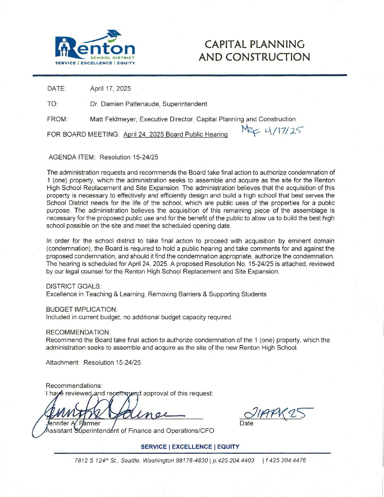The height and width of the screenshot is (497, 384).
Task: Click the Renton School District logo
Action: [x=95, y=49]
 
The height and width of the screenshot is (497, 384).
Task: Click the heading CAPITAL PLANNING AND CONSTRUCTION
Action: [x=254, y=50]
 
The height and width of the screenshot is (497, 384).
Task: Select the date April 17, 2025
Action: [x=110, y=89]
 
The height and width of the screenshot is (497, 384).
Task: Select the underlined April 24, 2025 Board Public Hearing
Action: [x=175, y=134]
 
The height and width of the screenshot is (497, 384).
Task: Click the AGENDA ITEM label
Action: [x=72, y=157]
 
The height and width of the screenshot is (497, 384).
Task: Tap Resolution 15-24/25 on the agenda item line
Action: [x=129, y=157]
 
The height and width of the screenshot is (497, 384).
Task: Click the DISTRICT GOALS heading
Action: [x=73, y=286]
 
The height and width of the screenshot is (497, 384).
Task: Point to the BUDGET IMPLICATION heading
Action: [x=81, y=309]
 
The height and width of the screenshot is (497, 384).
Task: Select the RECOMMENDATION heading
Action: [x=78, y=332]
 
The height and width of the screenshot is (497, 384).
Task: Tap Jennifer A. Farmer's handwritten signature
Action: [x=106, y=411]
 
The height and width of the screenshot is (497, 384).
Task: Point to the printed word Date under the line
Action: [x=246, y=423]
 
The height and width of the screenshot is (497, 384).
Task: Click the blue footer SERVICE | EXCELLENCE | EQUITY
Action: [x=190, y=447]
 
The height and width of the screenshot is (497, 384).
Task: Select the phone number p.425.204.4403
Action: [x=233, y=461]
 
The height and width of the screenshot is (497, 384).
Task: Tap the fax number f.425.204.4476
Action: [x=285, y=461]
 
